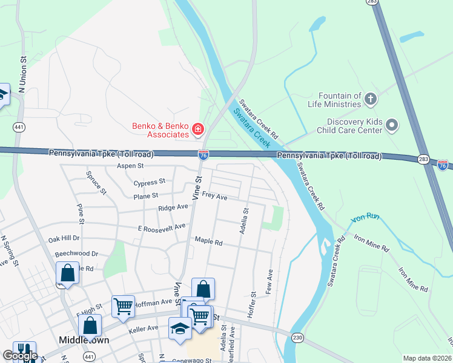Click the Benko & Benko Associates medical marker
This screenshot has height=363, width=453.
(x=197, y=129)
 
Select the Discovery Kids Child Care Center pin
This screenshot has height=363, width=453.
(x=392, y=125)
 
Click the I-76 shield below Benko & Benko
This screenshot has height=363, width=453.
(x=203, y=155)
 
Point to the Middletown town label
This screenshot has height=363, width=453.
(x=84, y=340)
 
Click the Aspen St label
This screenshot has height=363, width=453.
(x=130, y=166)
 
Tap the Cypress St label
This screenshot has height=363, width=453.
(x=150, y=181)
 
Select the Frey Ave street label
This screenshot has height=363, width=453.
(x=214, y=197)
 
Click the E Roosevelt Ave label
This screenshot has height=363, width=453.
(x=162, y=227)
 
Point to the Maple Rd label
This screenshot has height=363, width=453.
(x=209, y=241)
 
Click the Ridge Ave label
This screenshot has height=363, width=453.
(x=173, y=207)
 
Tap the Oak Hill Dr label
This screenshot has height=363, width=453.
(x=64, y=238)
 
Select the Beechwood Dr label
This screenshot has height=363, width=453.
(x=76, y=254)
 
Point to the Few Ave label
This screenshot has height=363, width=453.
(x=269, y=282)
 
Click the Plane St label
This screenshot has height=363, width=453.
(x=146, y=196)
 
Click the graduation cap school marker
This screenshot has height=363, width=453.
(x=179, y=329)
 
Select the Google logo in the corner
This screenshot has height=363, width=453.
(x=20, y=356)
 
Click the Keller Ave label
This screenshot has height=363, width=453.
(x=144, y=329)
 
